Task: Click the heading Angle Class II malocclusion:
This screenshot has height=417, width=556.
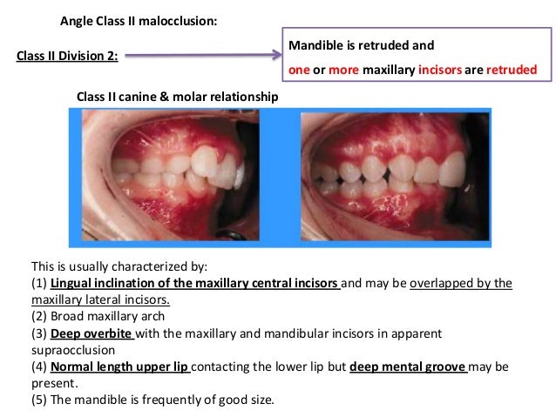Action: point(139,20)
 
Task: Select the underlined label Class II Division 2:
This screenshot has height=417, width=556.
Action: point(68,57)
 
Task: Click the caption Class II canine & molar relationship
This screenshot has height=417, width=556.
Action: point(178,97)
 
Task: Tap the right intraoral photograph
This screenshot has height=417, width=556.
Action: point(390,174)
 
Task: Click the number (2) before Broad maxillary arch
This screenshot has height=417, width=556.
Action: point(39,316)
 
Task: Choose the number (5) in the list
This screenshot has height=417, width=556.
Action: point(39,400)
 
